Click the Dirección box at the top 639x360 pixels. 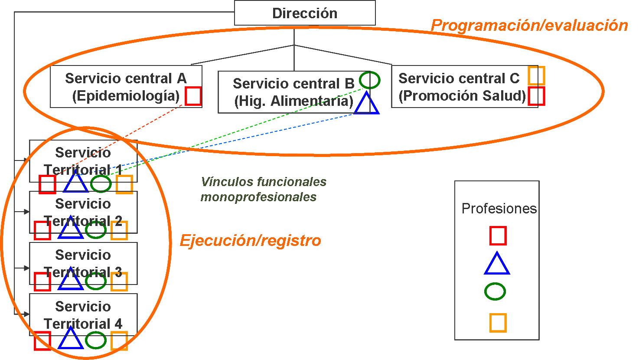tap(305, 13)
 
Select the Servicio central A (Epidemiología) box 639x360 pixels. tap(126, 87)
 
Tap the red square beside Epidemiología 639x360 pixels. tap(193, 96)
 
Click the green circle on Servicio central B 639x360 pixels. tap(369, 80)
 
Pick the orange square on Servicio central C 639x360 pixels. tap(536, 75)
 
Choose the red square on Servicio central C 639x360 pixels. tap(536, 96)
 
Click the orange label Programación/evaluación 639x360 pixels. tap(529, 25)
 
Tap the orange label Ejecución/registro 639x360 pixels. tap(251, 240)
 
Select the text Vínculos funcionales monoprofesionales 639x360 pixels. tap(263, 189)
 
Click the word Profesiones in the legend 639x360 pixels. tap(499, 209)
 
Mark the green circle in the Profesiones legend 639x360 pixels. tap(495, 291)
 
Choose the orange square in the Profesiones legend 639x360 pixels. tap(498, 323)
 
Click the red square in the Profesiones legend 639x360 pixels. tap(498, 236)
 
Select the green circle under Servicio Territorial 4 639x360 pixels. tap(96, 340)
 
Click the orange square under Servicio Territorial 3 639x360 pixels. tap(119, 281)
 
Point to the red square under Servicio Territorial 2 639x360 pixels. tap(42, 230)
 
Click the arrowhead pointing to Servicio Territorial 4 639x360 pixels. tap(26, 314)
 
